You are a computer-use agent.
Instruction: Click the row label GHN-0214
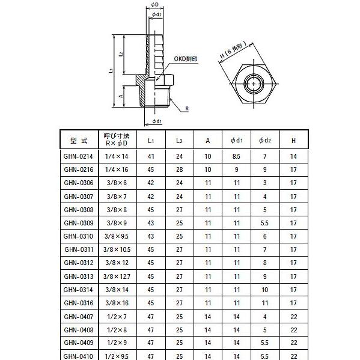(79, 157)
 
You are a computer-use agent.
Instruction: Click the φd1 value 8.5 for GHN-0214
(236, 157)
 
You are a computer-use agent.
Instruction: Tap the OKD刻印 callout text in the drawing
(186, 59)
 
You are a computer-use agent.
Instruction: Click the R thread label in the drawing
(188, 108)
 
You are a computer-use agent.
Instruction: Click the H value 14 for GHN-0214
(293, 157)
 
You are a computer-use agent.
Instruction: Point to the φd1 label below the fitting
(156, 121)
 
